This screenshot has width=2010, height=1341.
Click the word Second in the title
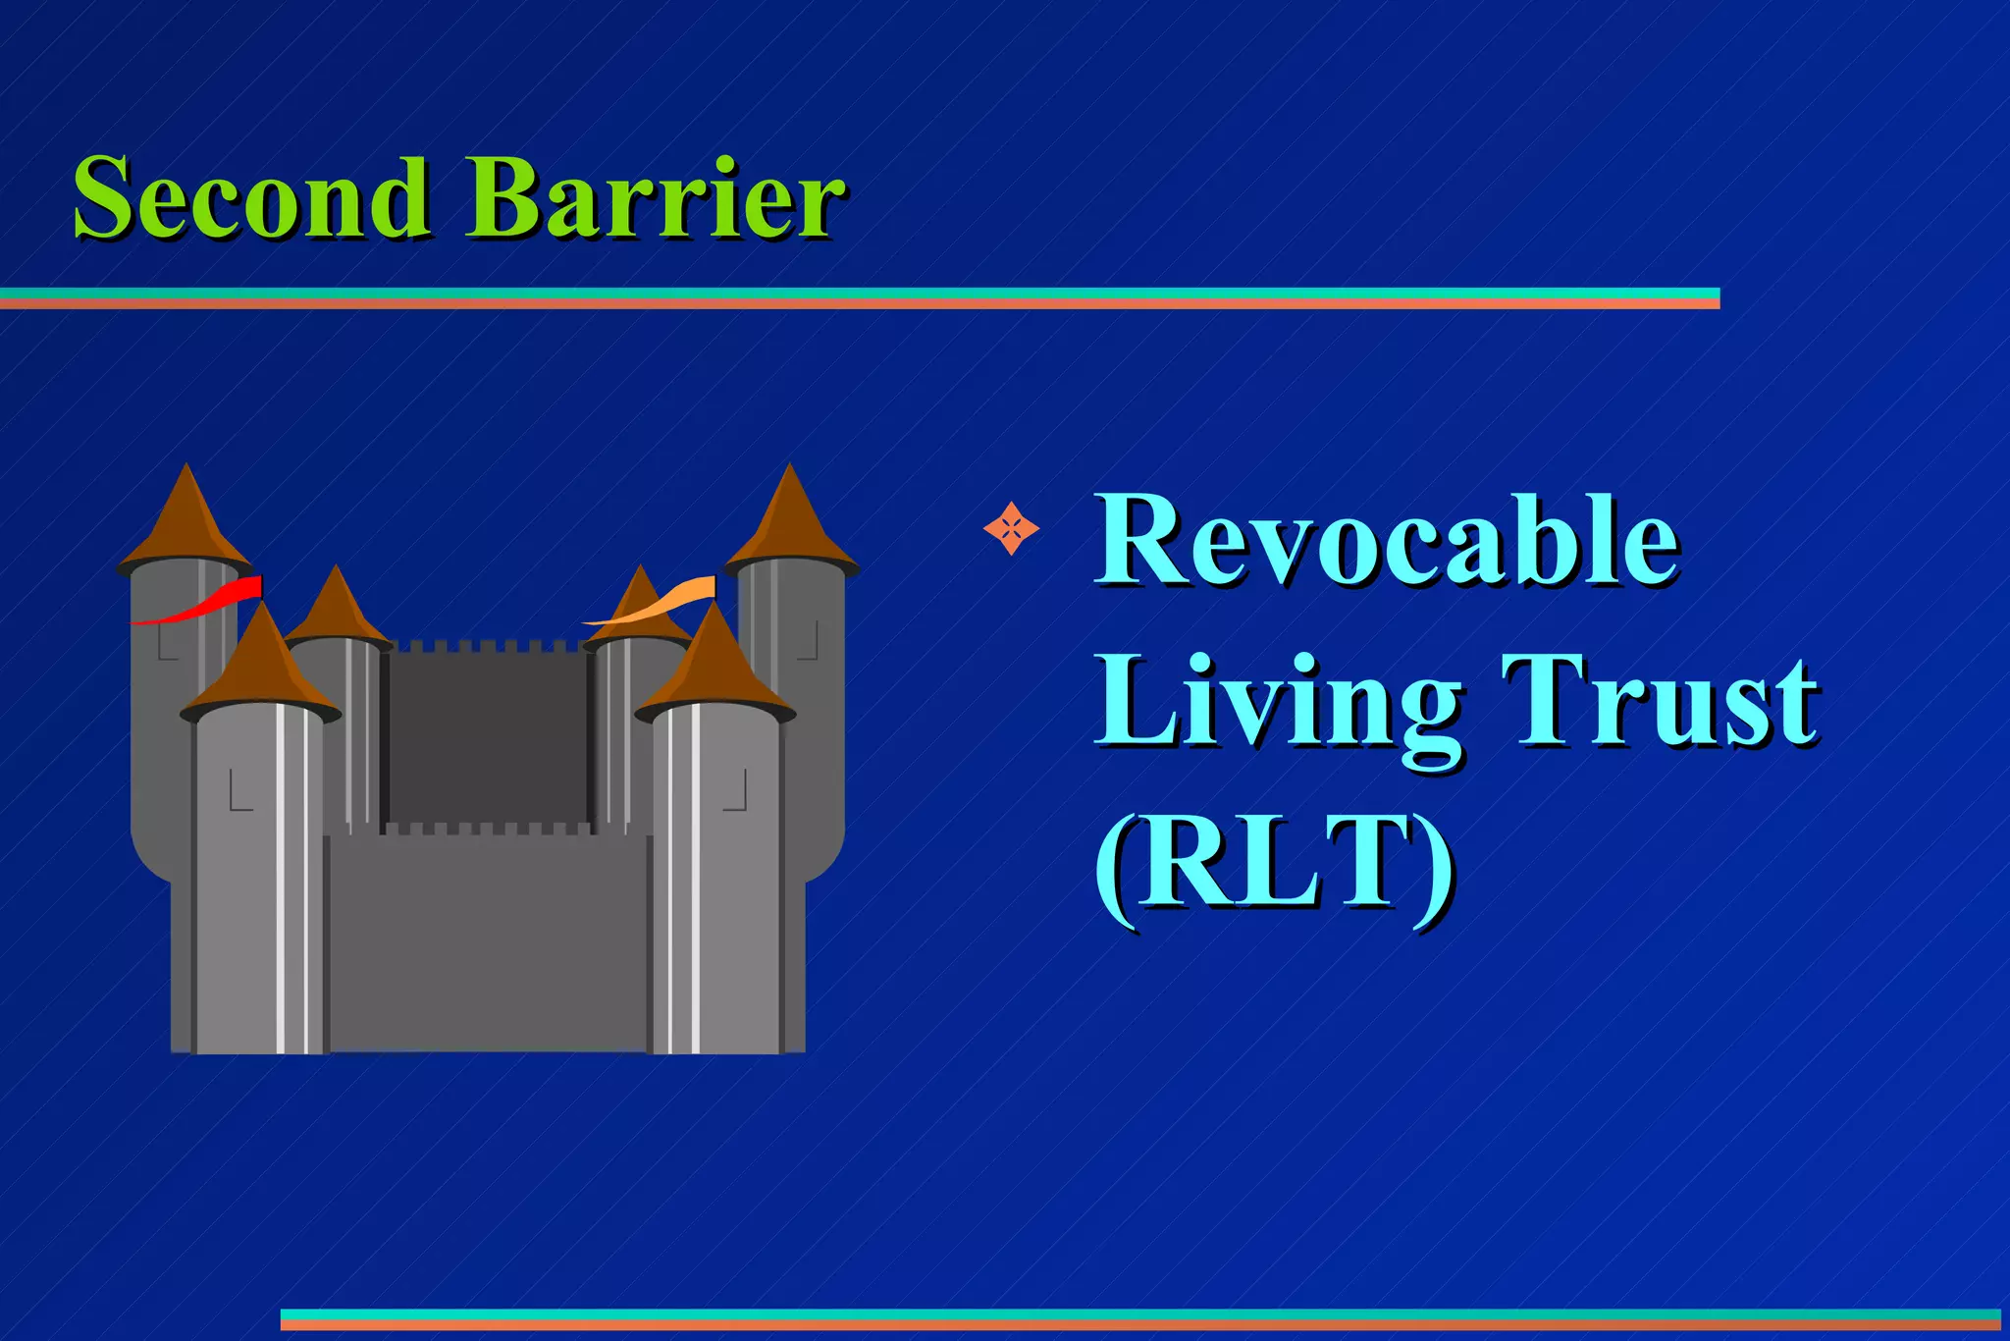(251, 198)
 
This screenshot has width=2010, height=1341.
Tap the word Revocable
(1386, 542)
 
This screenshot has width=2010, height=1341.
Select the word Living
(1276, 702)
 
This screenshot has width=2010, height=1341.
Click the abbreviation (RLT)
(1274, 864)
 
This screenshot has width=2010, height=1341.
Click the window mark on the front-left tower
(239, 791)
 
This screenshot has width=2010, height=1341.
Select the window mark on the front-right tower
(736, 791)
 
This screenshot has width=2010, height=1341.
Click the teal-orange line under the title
(859, 298)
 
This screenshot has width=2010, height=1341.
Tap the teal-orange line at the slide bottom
(1138, 1319)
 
